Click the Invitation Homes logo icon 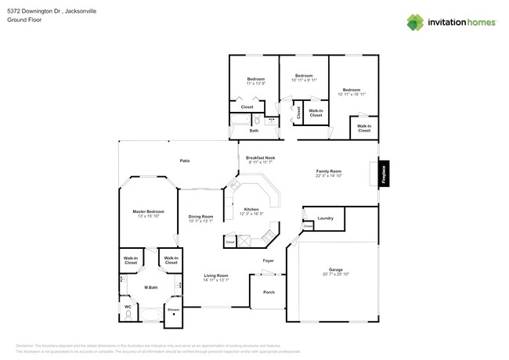pos(416,22)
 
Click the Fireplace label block pos(383,173)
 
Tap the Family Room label pos(329,171)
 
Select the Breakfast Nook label pos(260,157)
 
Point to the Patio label pos(185,160)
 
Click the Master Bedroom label pos(148,211)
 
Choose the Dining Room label pos(200,217)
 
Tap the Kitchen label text pos(251,209)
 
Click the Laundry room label pos(326,218)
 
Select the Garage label pos(335,269)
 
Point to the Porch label pos(269,292)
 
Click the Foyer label pos(268,260)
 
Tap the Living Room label pos(216,275)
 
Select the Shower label pos(173,309)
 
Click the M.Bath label pos(151,287)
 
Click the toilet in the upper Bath pos(257,121)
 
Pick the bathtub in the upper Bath pos(238,121)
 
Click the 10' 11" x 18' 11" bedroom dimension pos(352,94)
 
